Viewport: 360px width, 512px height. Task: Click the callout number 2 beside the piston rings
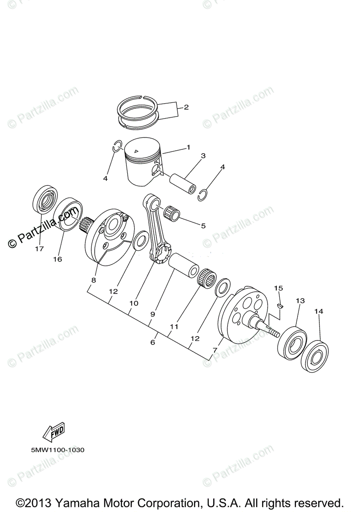click(x=186, y=107)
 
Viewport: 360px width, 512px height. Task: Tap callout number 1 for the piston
click(x=188, y=148)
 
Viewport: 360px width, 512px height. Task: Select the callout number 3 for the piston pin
click(x=203, y=156)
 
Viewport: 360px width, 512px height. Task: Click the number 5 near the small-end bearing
click(x=203, y=226)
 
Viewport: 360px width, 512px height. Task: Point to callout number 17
click(x=39, y=249)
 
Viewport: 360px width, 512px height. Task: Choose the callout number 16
click(x=57, y=259)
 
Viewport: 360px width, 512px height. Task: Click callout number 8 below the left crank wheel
click(x=94, y=280)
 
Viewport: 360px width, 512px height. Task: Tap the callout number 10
click(x=134, y=303)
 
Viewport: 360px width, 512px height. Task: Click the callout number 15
click(x=278, y=288)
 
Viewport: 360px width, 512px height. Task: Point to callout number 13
click(x=300, y=301)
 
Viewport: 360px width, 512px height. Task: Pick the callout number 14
click(x=319, y=311)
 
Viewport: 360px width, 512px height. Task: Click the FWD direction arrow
click(x=54, y=434)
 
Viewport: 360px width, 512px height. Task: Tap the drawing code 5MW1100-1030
click(x=57, y=450)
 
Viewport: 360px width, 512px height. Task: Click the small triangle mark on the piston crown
click(x=136, y=151)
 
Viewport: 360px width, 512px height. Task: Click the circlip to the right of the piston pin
click(x=205, y=195)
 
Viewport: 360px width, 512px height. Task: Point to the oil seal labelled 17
click(x=44, y=198)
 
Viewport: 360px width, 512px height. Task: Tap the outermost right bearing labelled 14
click(x=316, y=355)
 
